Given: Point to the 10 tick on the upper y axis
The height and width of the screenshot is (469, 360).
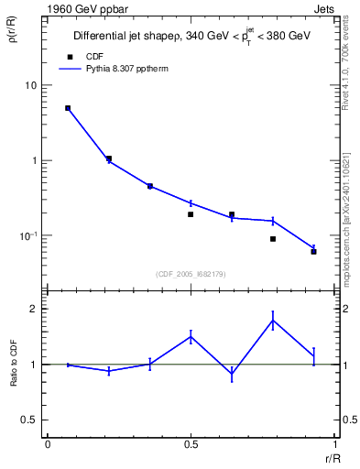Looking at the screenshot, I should [x=30, y=86].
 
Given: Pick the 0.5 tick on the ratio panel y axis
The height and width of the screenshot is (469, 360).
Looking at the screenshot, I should [x=29, y=420].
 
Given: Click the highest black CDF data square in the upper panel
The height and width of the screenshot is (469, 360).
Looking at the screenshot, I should [x=68, y=108].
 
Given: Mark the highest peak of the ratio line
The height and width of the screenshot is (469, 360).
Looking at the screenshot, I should [x=272, y=320].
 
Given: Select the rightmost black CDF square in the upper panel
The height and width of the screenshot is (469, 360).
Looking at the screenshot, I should [x=313, y=251].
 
